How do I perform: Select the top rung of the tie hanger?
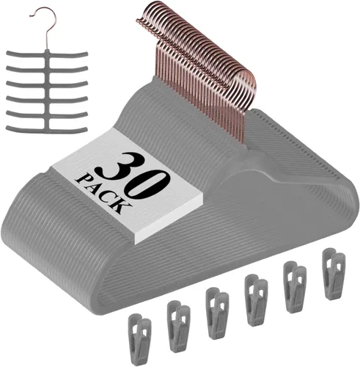(47, 54)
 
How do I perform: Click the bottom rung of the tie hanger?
(47, 129)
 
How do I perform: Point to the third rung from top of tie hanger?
(47, 84)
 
